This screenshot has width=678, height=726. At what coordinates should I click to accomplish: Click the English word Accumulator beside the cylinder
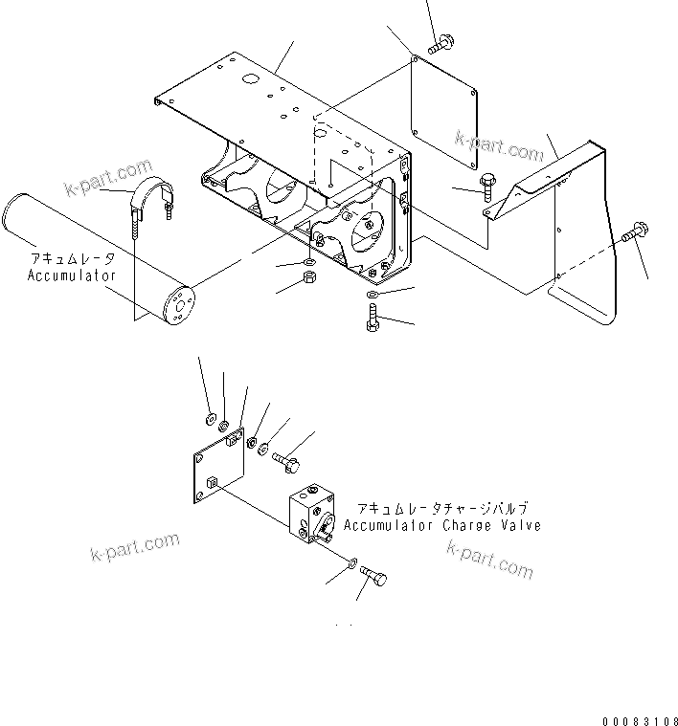pos(72,275)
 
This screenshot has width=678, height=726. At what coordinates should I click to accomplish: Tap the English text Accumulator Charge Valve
pos(441,526)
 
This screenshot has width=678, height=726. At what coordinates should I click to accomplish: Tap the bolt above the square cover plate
pos(442,43)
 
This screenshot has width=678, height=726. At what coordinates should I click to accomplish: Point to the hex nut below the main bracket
pos(309,278)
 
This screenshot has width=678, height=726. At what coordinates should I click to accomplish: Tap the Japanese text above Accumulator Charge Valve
pos(441,510)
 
